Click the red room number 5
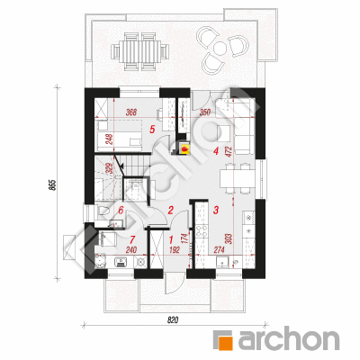152,130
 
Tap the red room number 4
215,151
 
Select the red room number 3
216,210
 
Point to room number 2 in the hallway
170,210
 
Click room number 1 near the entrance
171,239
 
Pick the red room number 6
121,210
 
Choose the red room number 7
132,239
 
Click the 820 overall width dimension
173,320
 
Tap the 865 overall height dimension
51,185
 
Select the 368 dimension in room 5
131,112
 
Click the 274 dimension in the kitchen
218,249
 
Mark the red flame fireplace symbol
185,148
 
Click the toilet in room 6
103,211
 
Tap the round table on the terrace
220,48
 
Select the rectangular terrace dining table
139,51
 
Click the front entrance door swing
174,284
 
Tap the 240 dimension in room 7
131,249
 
